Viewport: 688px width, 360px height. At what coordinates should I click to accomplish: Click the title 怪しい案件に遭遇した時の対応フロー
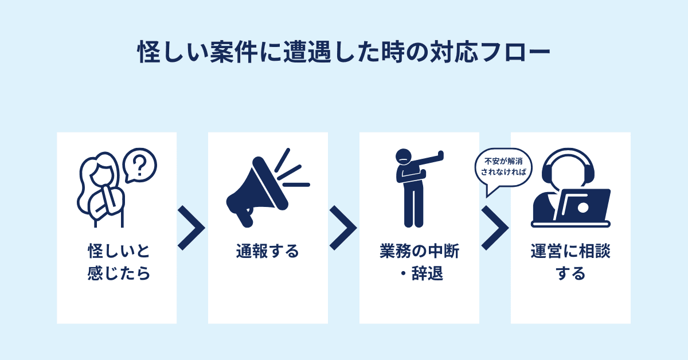[343, 53]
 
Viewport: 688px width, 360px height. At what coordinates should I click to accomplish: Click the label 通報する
[268, 252]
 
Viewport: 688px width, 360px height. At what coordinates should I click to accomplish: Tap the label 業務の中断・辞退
[419, 263]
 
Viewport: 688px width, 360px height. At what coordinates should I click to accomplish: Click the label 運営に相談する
[570, 263]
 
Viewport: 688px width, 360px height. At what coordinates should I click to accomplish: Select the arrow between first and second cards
[191, 228]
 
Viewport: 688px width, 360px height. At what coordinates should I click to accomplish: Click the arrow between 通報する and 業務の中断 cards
[343, 228]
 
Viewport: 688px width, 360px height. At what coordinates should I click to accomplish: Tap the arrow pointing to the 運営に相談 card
[494, 228]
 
